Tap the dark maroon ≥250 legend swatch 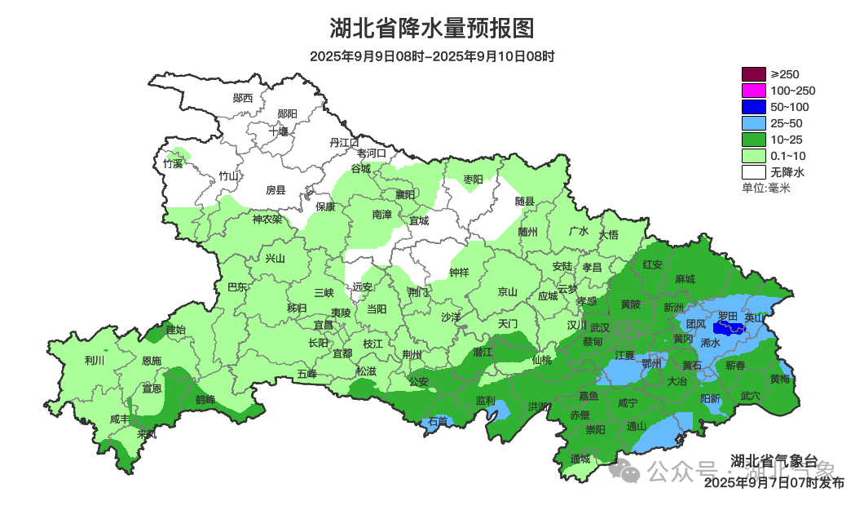click(x=753, y=74)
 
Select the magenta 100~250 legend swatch click(x=753, y=91)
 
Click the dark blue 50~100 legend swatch click(x=753, y=107)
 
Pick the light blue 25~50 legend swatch click(x=753, y=123)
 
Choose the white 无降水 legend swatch click(x=753, y=172)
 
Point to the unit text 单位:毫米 click(x=765, y=188)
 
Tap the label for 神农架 click(x=267, y=219)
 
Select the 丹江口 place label click(x=344, y=142)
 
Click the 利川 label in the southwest click(x=95, y=360)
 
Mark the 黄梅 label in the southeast click(x=780, y=379)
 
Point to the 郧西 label click(x=243, y=98)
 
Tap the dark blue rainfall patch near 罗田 click(x=728, y=328)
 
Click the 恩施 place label click(x=152, y=360)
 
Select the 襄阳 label click(x=405, y=194)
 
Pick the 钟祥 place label click(x=460, y=273)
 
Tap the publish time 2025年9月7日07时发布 click(x=774, y=482)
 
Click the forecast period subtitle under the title click(x=431, y=56)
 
